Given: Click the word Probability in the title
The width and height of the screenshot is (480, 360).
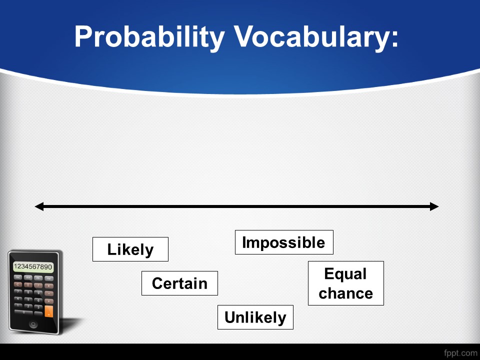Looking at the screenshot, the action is [149, 37].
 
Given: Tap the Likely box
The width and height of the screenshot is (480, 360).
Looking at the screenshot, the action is [130, 249].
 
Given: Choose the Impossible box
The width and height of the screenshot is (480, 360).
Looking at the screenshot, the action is [284, 242].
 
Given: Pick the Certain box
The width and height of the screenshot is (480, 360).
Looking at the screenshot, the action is [179, 283].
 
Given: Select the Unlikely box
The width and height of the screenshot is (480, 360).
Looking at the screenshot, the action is [255, 317].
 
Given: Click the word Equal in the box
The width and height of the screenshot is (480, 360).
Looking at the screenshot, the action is [345, 273].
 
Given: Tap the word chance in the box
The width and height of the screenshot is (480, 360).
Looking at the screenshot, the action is [345, 293].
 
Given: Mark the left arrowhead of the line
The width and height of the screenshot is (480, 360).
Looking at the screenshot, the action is [39, 206].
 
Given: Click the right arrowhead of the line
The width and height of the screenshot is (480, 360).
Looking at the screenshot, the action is [434, 206].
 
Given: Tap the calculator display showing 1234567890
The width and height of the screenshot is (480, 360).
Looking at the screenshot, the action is [33, 266].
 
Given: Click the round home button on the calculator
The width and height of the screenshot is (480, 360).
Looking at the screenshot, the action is [33, 324].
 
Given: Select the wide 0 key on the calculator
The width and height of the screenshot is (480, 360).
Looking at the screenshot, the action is [23, 312].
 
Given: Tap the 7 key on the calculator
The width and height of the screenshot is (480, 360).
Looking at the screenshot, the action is [18, 291].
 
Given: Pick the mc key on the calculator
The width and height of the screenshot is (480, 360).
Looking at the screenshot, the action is [18, 277].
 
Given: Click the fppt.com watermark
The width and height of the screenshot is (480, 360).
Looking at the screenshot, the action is [460, 353].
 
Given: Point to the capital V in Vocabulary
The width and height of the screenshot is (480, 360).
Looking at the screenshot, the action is [244, 36].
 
